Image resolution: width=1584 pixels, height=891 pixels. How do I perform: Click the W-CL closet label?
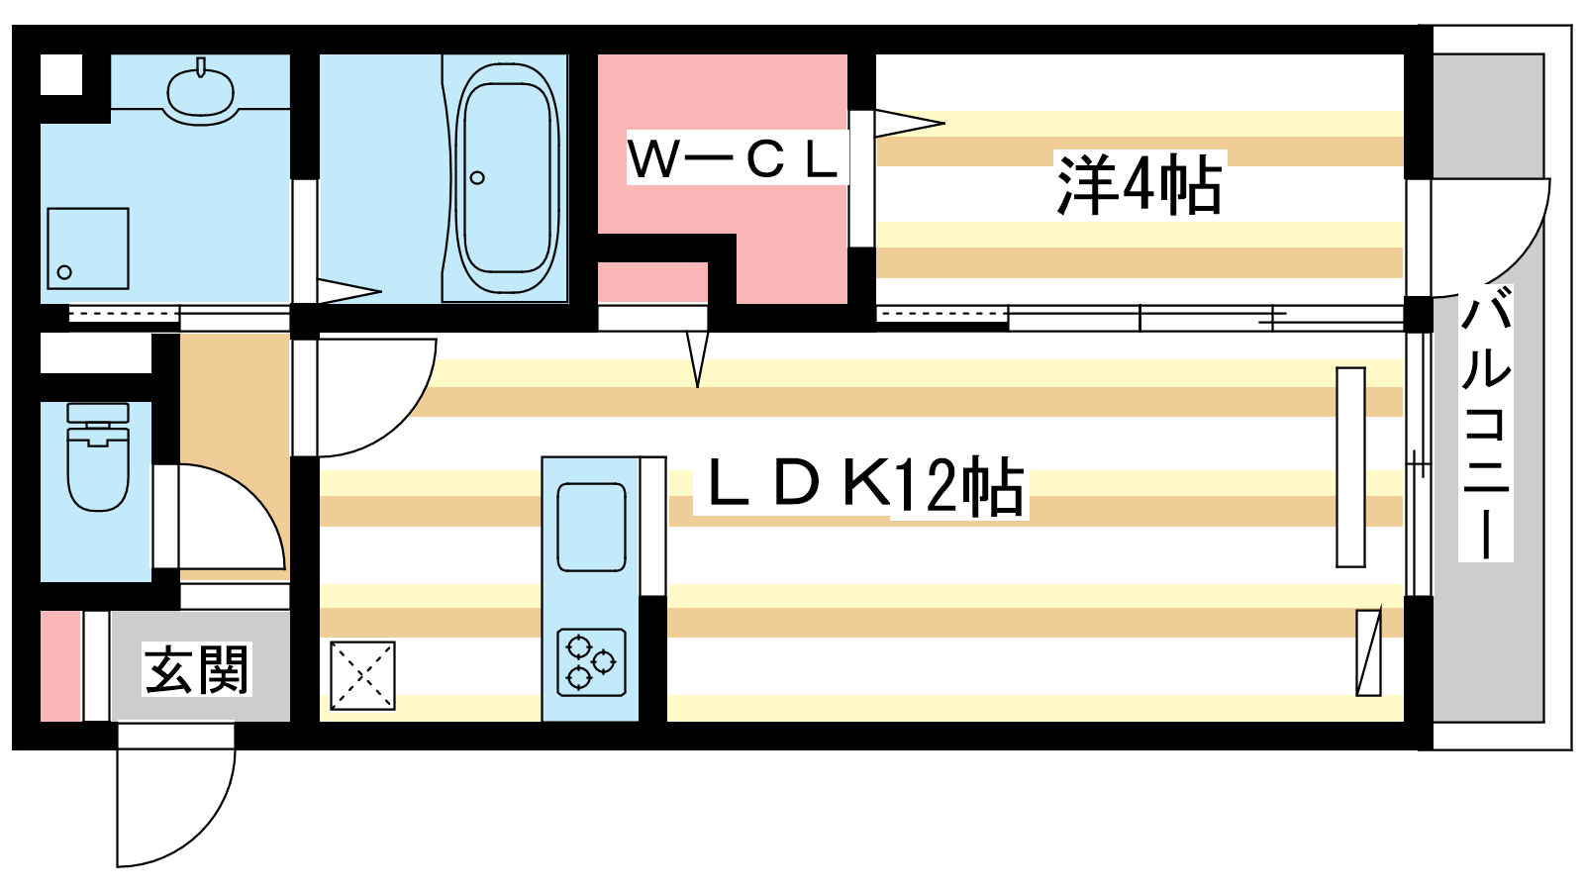point(736,158)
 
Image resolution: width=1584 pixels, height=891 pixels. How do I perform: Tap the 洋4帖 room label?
point(1139,185)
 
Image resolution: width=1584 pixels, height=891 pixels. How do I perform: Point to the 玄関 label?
point(197,670)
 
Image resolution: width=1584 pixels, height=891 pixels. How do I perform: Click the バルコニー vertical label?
point(1486,423)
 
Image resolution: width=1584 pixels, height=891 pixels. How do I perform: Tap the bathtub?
point(507,178)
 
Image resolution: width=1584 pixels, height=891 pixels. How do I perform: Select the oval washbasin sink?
point(201,90)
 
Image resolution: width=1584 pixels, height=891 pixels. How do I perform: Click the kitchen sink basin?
point(591,528)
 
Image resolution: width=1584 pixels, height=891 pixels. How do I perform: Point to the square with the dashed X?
point(362,676)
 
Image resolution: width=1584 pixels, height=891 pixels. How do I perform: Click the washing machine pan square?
point(88,248)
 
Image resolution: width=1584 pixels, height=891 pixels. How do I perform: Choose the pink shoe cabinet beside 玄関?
point(60,666)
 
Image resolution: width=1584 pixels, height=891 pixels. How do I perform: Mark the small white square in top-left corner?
point(61,74)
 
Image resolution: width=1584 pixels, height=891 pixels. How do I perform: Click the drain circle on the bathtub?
point(477,178)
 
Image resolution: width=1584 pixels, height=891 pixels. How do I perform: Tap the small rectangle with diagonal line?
point(1368,651)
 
